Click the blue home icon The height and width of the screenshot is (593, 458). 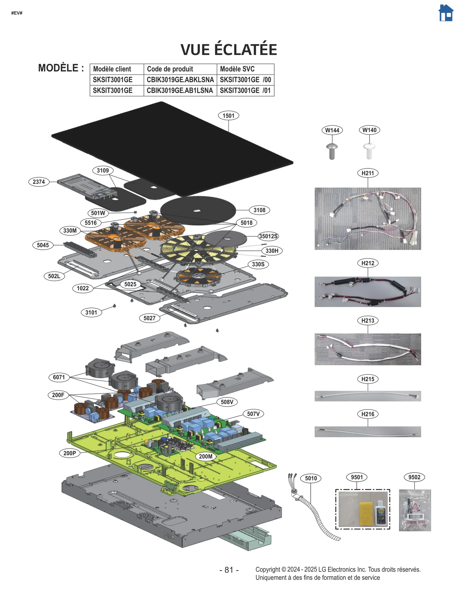(x=446, y=13)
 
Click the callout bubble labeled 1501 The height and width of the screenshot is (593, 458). (x=228, y=116)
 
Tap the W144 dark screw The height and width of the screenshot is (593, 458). (x=332, y=151)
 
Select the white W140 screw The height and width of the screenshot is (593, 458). (x=369, y=151)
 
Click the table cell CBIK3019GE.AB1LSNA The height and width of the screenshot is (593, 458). (x=180, y=90)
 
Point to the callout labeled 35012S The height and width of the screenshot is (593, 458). (x=268, y=236)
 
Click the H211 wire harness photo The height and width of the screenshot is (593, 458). (x=368, y=218)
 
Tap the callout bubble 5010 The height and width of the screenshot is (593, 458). (x=311, y=478)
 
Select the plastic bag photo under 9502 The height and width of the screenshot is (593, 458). (x=415, y=510)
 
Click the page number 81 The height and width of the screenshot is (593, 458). (x=229, y=570)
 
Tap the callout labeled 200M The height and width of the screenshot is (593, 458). (x=206, y=456)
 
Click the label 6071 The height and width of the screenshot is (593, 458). (x=59, y=377)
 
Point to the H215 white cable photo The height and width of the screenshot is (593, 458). (x=368, y=396)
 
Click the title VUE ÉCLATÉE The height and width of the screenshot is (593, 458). (x=229, y=50)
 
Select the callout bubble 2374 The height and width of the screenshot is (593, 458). (x=39, y=182)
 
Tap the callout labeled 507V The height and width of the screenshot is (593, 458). (x=253, y=414)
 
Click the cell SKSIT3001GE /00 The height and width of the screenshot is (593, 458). (x=245, y=80)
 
